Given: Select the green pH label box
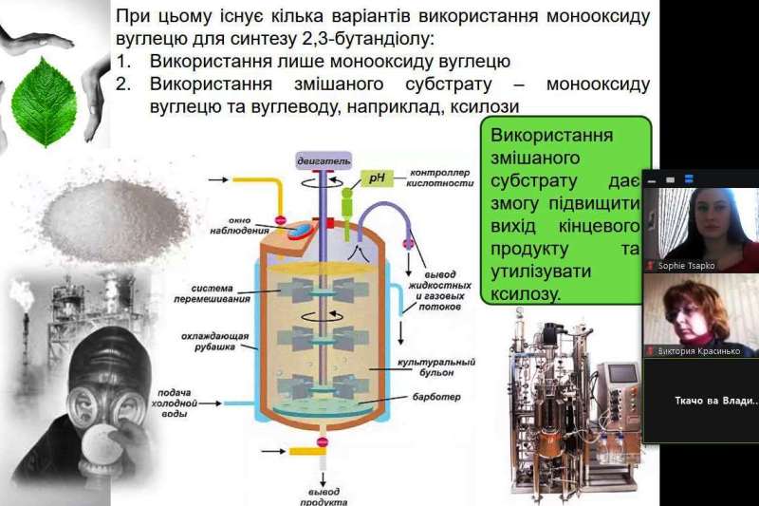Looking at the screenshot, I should point(377,178).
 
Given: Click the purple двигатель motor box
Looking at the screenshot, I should point(324,160).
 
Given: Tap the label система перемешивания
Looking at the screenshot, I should point(219,293).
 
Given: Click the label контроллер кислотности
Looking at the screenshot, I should point(442,178).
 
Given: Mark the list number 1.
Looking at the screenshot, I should point(122,62).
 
